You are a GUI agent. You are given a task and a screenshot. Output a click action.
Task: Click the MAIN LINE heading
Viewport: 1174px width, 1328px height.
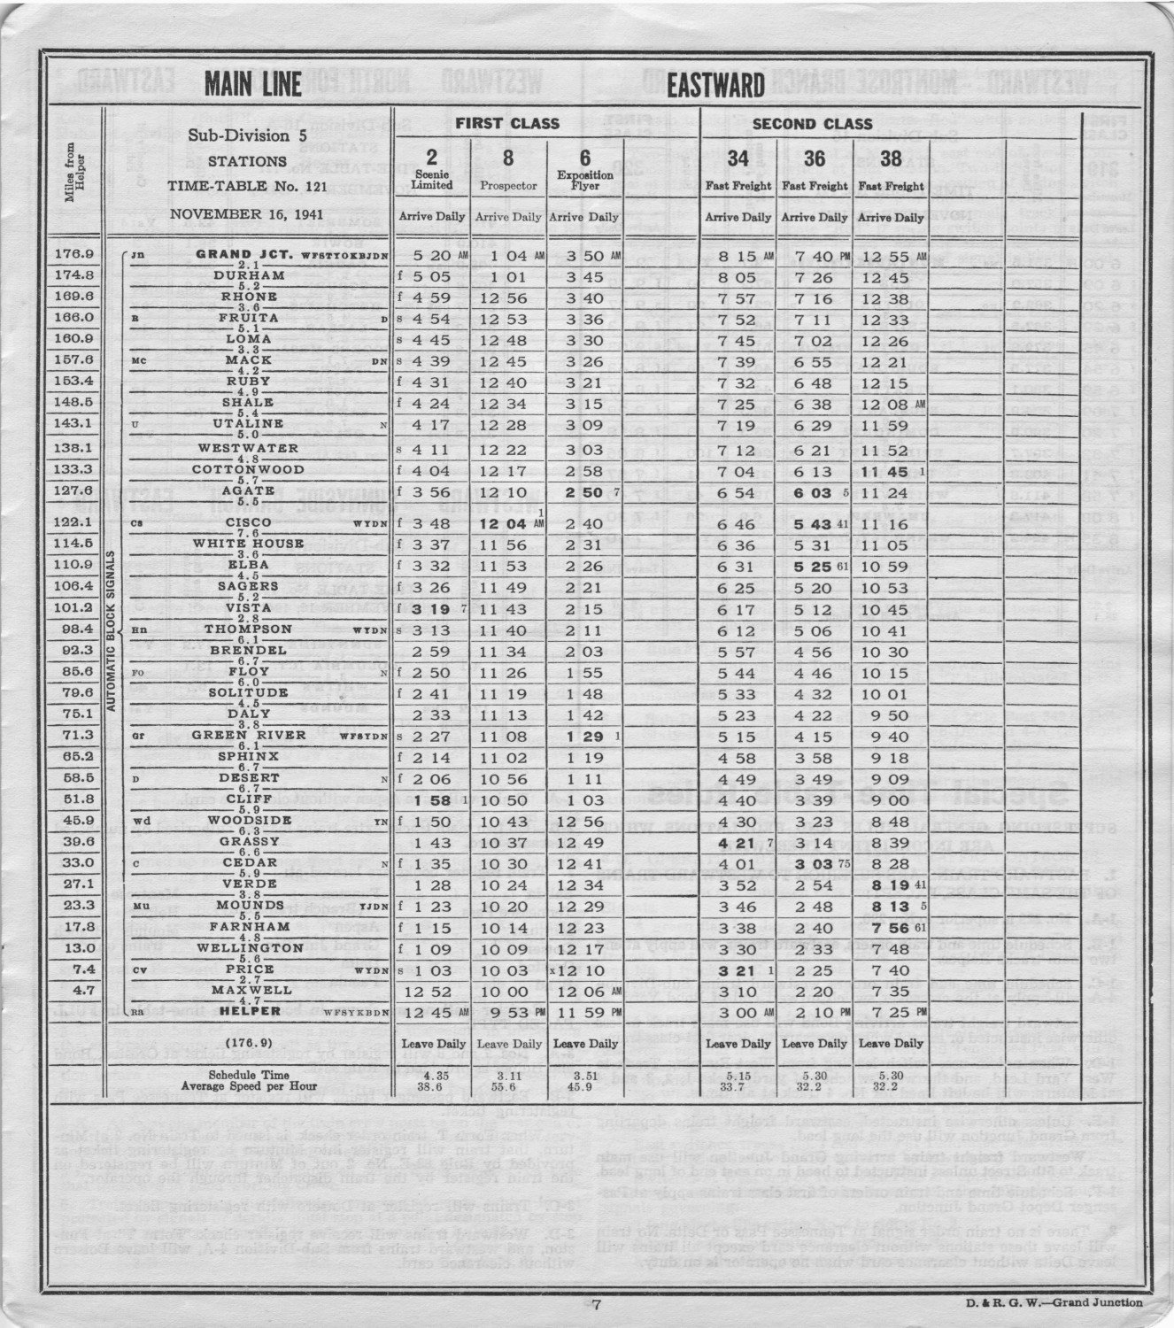(253, 86)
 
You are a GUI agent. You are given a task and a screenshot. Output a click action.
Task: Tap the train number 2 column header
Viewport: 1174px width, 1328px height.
(432, 158)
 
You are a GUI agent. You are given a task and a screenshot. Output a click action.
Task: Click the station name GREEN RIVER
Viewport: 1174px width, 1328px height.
(236, 735)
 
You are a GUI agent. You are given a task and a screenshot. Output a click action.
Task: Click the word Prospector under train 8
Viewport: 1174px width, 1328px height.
(508, 187)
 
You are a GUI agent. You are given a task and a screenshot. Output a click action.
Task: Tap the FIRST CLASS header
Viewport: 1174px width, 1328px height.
(507, 123)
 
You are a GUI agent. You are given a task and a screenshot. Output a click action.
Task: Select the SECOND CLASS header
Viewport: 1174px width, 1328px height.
(813, 124)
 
